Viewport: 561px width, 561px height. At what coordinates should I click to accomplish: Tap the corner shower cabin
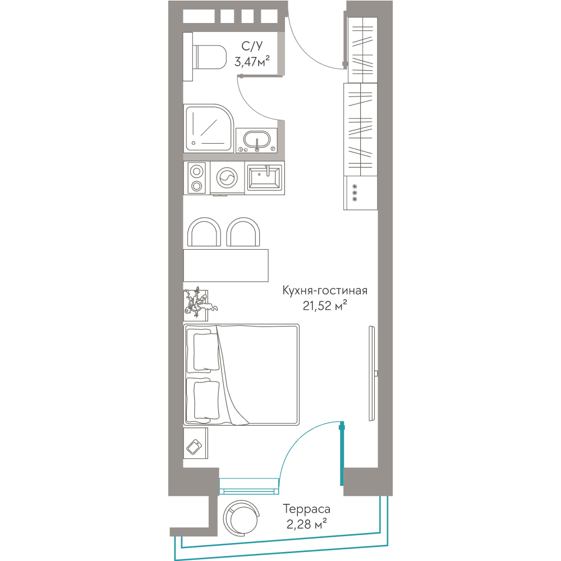click(x=209, y=128)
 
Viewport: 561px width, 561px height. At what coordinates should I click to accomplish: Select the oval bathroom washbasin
click(x=256, y=140)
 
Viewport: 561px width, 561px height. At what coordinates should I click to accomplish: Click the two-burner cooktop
click(x=196, y=178)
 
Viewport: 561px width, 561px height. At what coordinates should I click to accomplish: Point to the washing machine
click(x=227, y=178)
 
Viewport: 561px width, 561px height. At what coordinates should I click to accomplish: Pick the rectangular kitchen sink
click(x=265, y=177)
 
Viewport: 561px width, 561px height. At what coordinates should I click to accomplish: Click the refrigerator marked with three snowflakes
click(x=360, y=193)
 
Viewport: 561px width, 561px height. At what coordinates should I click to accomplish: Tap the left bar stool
click(x=204, y=232)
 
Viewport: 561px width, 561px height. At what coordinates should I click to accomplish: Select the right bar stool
click(x=243, y=232)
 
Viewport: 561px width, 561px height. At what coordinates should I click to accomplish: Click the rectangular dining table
click(x=226, y=265)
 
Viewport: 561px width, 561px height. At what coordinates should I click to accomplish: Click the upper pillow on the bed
click(x=206, y=352)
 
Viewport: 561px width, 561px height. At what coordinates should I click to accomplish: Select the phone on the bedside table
click(x=194, y=447)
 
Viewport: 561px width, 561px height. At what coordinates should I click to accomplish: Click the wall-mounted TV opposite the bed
click(x=373, y=373)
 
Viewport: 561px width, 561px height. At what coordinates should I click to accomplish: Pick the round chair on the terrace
click(x=241, y=517)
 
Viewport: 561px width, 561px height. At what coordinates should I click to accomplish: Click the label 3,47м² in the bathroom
click(x=252, y=62)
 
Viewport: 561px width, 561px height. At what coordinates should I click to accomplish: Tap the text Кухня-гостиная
click(x=325, y=290)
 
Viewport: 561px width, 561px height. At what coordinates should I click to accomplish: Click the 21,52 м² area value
click(x=325, y=306)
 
